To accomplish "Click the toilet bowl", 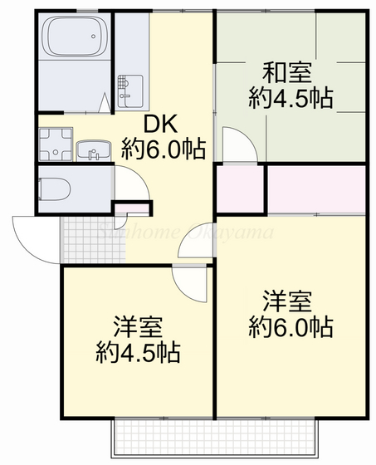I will click(55, 188).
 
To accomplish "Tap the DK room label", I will click(163, 125).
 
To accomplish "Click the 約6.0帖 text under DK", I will click(164, 149).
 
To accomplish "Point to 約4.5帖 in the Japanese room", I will click(291, 98).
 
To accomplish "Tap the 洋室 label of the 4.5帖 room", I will click(138, 325).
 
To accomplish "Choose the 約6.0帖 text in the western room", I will click(291, 326).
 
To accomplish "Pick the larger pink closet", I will click(318, 190).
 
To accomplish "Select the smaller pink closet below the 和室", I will click(240, 190).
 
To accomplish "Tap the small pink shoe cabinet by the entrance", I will click(129, 209).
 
